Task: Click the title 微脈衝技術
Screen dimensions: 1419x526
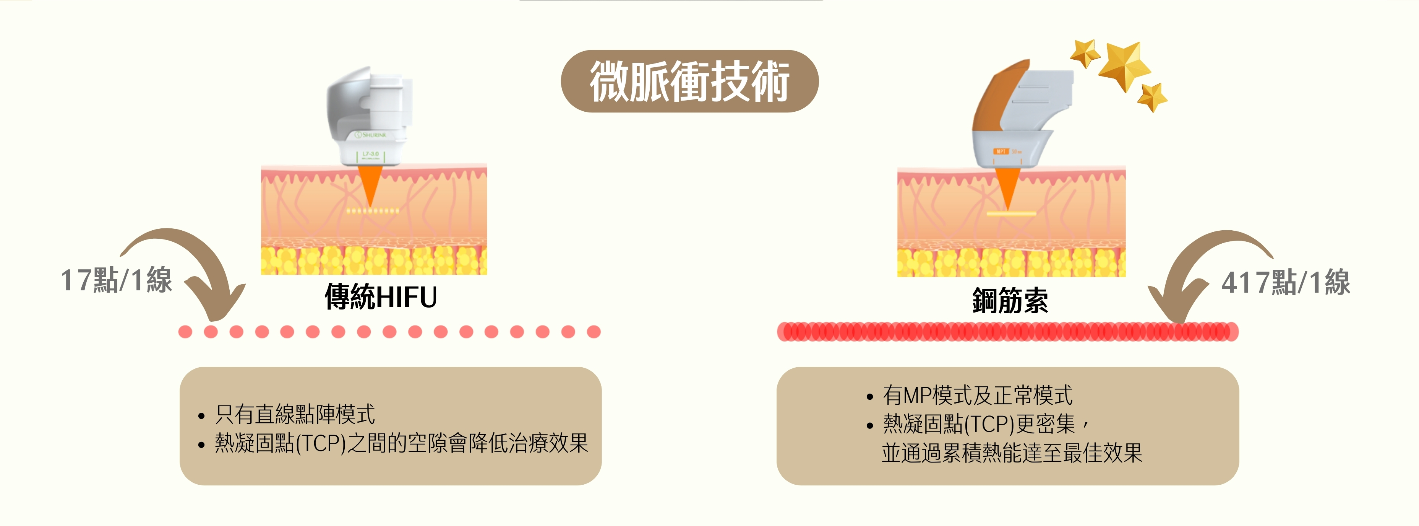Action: click(x=690, y=81)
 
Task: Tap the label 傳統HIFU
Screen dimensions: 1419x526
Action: click(x=381, y=297)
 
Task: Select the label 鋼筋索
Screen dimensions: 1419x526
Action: click(x=1010, y=301)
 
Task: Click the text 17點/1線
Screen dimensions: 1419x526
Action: click(x=116, y=280)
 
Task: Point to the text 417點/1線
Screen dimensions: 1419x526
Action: click(x=1286, y=283)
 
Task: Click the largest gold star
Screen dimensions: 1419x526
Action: click(x=1124, y=65)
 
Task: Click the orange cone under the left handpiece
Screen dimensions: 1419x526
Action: click(x=370, y=185)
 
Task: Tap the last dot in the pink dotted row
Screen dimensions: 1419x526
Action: click(x=593, y=332)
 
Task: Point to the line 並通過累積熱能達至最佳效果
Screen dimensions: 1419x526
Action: click(x=1012, y=453)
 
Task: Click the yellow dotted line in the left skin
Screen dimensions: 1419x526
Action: click(x=372, y=211)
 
